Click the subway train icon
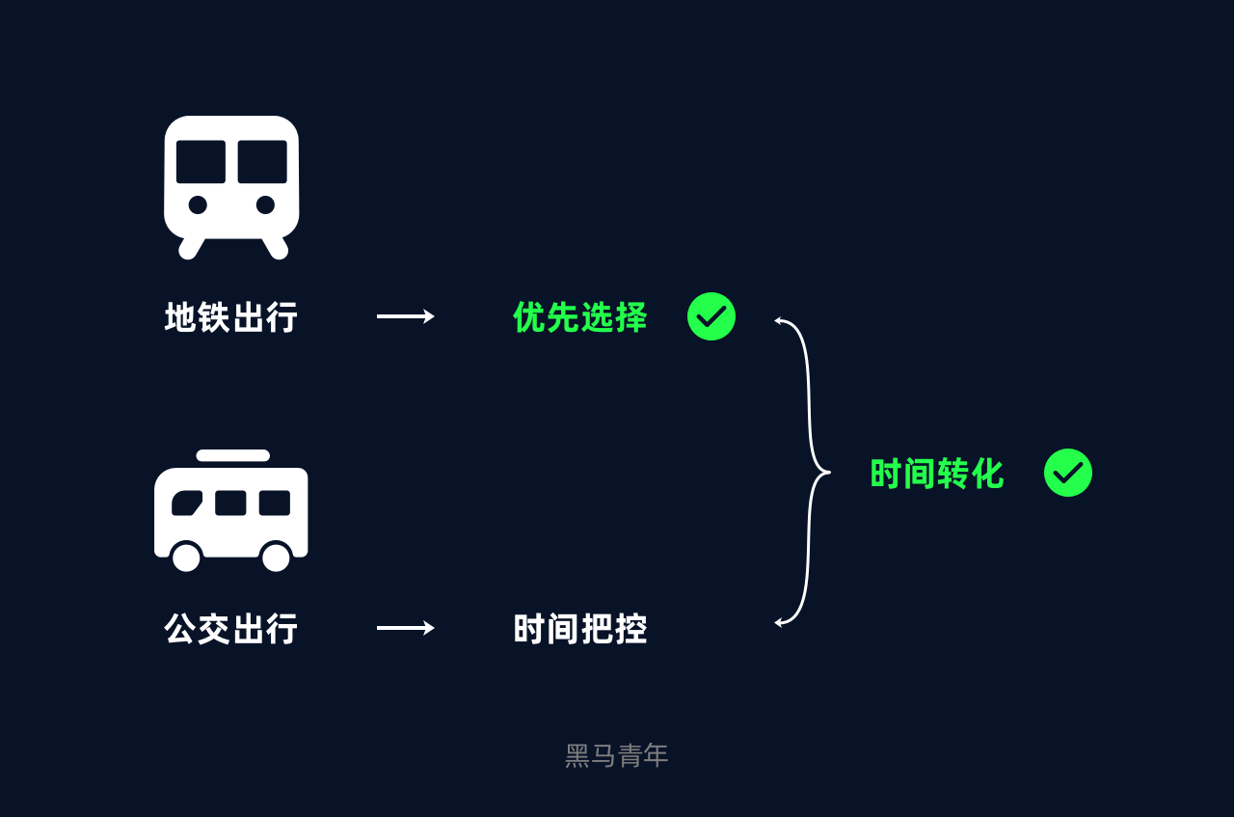tap(231, 187)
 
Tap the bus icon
tap(230, 510)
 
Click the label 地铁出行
tap(230, 317)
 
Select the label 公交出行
tap(230, 629)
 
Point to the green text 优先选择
tap(580, 317)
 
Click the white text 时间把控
tap(580, 629)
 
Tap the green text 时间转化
tap(937, 473)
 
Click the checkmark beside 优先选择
tap(711, 316)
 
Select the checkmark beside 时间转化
tap(1068, 473)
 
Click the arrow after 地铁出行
tap(406, 316)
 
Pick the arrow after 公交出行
tap(406, 628)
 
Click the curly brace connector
tap(803, 473)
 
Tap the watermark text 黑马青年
tap(616, 756)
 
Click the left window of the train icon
tap(201, 161)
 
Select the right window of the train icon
tap(262, 161)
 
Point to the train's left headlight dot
tap(198, 204)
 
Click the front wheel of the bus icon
tap(187, 557)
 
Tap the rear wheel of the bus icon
tap(276, 557)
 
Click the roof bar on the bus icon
tap(233, 455)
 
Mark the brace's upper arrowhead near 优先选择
tap(778, 320)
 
